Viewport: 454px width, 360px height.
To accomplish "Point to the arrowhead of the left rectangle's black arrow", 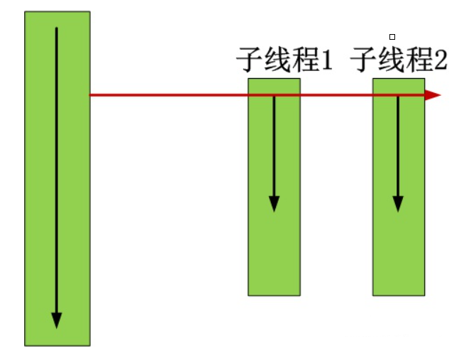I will click(x=57, y=320).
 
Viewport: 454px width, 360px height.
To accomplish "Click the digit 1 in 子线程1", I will click(x=326, y=62).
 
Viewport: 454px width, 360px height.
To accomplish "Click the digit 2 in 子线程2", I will click(x=441, y=62).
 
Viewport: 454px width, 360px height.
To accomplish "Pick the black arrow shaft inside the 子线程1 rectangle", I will click(x=274, y=142).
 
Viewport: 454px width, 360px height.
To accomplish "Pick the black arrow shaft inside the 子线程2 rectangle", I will click(x=398, y=142).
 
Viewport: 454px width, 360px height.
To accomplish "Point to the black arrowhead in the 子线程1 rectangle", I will click(x=274, y=203).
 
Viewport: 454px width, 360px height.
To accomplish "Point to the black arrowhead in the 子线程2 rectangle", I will click(x=398, y=203).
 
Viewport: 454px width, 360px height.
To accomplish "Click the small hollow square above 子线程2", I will click(x=392, y=36).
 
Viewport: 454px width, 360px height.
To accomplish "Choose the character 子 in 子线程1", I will click(x=250, y=61).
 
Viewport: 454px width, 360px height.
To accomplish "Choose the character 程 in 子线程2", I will click(x=419, y=61).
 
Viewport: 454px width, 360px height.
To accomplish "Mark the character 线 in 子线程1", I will click(x=277, y=61).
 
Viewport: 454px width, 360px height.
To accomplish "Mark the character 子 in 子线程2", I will click(x=364, y=61).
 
